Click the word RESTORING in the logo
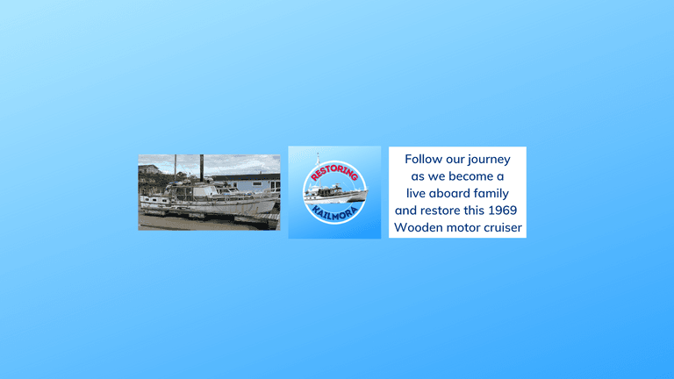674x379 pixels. click(x=334, y=172)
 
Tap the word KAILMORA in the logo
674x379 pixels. click(x=334, y=212)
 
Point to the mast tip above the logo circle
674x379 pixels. click(x=318, y=154)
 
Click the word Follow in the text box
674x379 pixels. click(x=423, y=159)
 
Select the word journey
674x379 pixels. click(x=489, y=161)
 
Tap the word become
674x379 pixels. click(x=471, y=176)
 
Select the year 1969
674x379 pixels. click(x=503, y=211)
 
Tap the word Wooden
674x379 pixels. click(x=419, y=227)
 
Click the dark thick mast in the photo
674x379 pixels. click(x=202, y=168)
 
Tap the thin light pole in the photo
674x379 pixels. click(x=176, y=168)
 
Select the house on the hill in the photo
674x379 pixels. click(x=148, y=169)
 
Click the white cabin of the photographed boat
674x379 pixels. click(x=192, y=189)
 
